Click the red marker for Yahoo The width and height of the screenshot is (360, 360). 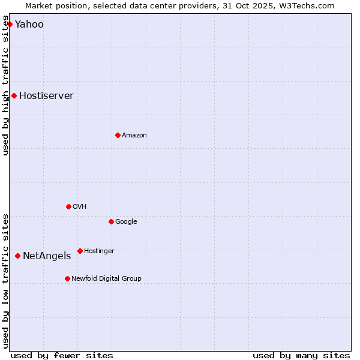pos(10,24)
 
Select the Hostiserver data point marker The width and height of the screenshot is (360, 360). pos(14,95)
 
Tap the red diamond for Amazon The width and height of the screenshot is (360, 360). pos(118,135)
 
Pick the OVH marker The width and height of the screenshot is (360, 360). pos(68,206)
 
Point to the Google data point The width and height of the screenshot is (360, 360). pos(111,221)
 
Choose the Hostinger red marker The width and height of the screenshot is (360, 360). pos(80,251)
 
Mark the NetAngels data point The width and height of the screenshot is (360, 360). pos(17,256)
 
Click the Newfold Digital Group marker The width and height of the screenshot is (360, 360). pos(67,278)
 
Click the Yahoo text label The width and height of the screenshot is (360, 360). pos(29,25)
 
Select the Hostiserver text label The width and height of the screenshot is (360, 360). pos(46,96)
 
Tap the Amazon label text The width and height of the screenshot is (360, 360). pos(134,136)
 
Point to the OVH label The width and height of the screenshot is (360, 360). pos(79,207)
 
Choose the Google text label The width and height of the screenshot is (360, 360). pos(126,222)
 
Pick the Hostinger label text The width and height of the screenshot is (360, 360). pos(99,251)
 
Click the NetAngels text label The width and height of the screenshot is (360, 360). pos(47,256)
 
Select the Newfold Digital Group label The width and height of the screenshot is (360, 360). pos(106,279)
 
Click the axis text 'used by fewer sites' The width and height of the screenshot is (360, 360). pos(62,355)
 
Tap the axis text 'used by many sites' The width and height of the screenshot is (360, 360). pos(301,355)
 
